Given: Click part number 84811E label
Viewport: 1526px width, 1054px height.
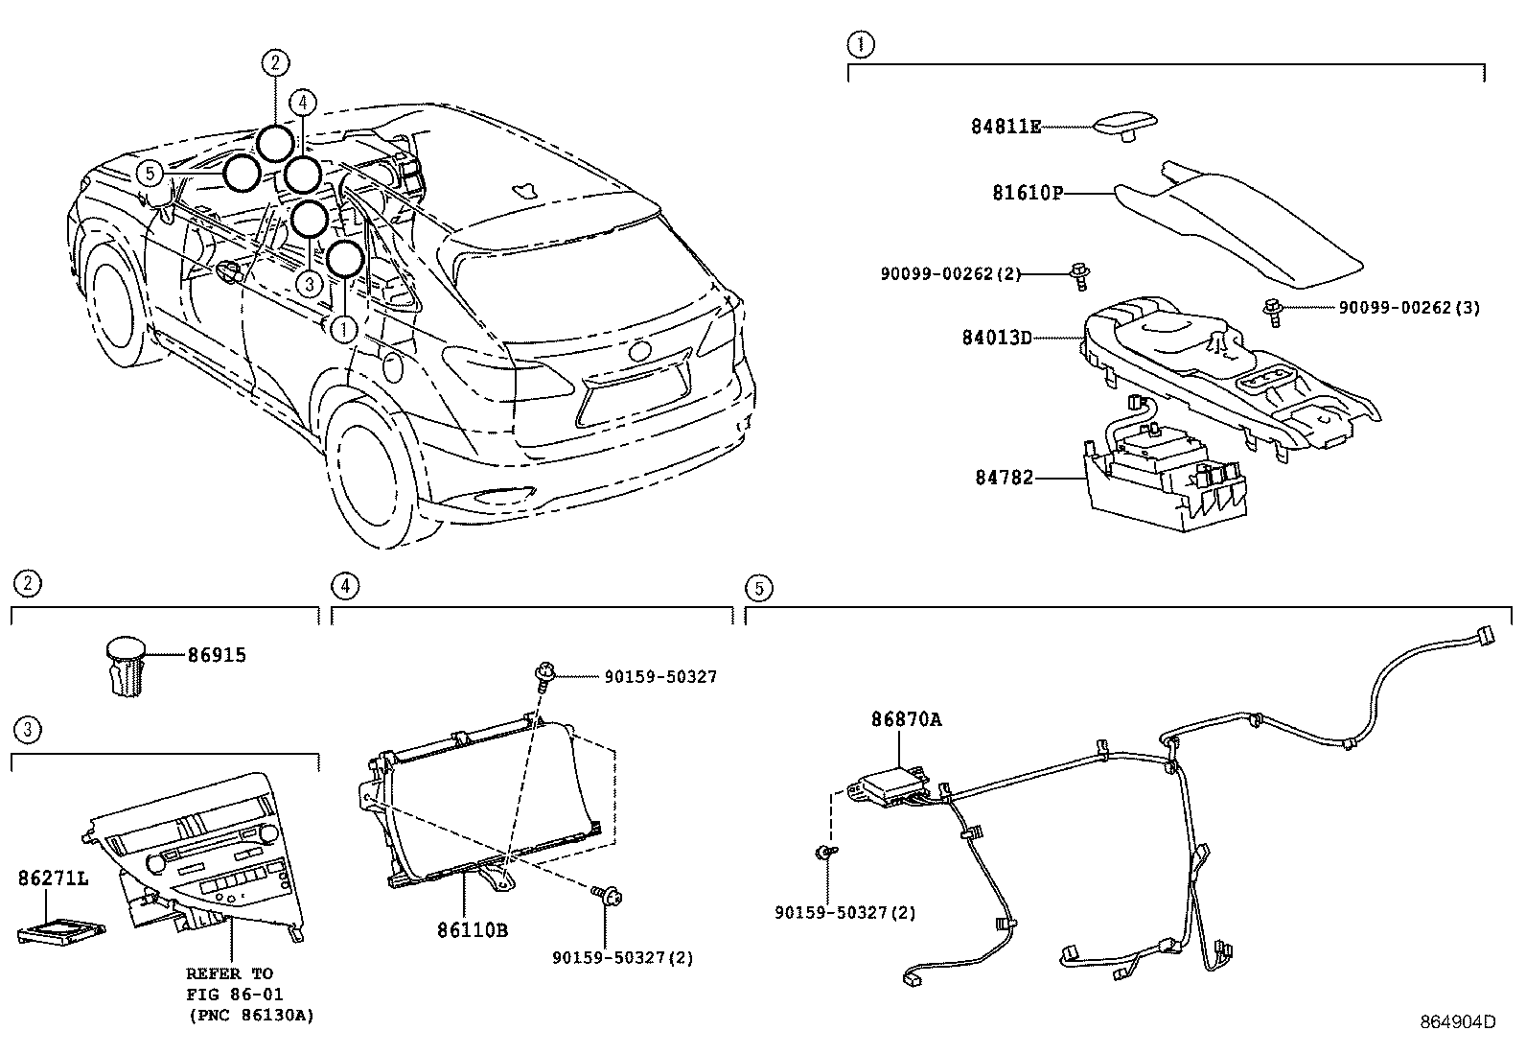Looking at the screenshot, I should [1006, 127].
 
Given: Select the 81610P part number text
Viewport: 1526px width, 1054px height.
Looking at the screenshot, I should [1028, 193].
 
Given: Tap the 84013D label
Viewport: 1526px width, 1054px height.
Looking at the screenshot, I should [997, 338].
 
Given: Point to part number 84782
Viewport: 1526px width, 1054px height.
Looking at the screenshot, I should [1005, 477].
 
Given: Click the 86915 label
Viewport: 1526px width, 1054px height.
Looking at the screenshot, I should [216, 655].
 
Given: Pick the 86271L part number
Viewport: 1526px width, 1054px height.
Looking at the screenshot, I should [53, 878].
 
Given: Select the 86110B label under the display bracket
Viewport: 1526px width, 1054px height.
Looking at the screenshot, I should [473, 929].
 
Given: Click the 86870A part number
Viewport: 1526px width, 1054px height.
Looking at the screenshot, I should [906, 719].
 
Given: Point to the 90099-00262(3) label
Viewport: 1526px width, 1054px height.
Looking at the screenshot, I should [1409, 308].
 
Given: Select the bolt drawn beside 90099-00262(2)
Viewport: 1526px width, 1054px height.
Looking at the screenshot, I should [1079, 276].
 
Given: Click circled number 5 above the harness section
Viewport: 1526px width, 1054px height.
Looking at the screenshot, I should [757, 587].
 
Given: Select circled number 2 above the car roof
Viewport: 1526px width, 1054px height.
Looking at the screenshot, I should [274, 63].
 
